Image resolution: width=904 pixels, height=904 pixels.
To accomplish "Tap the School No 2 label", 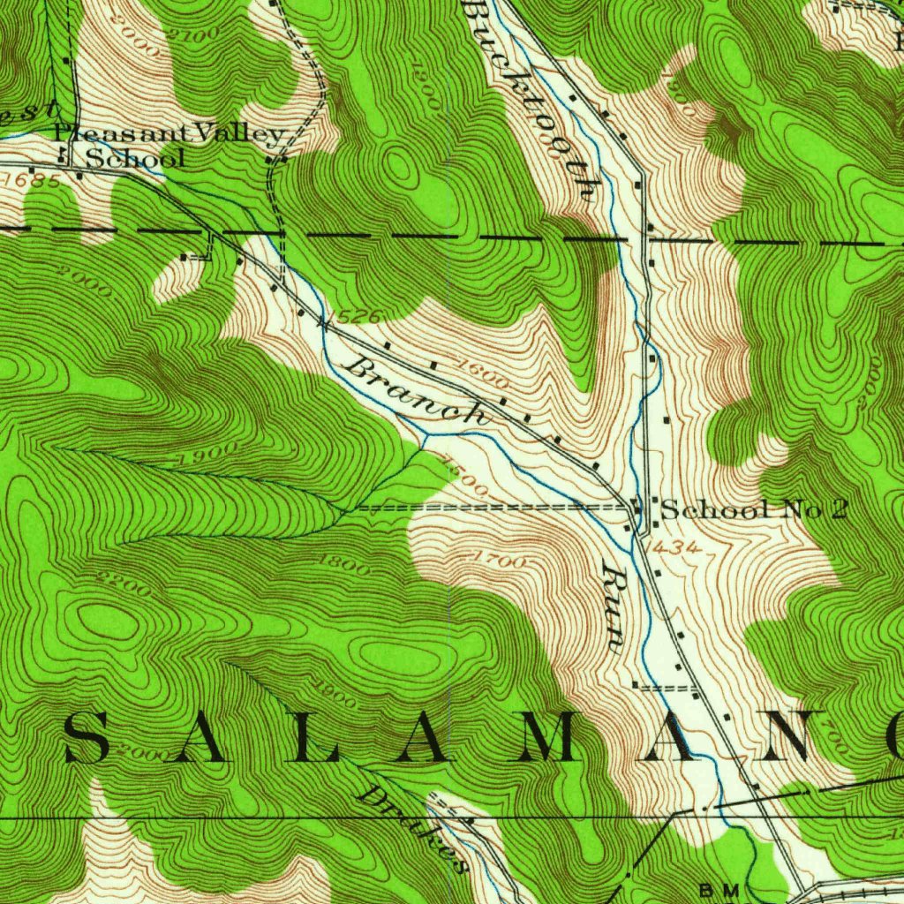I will tap(754, 509).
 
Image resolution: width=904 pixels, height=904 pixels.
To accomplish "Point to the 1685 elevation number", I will tap(32, 181).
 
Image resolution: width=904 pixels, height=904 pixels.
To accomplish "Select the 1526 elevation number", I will tap(351, 316).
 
